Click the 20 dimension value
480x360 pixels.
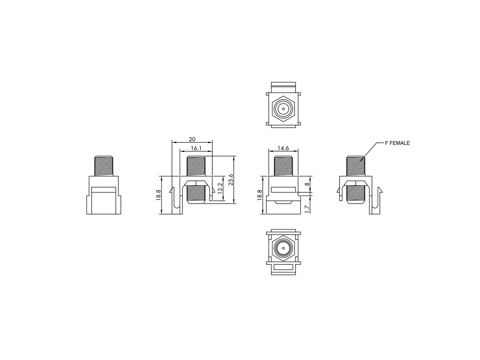[x=192, y=139]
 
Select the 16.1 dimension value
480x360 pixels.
[x=196, y=148]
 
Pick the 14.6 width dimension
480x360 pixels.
[x=283, y=148]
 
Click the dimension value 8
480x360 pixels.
[x=307, y=184]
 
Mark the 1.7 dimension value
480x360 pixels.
[x=307, y=208]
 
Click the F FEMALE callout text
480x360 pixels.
[x=397, y=143]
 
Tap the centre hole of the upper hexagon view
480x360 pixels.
[x=283, y=109]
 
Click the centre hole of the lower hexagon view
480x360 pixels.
[x=283, y=249]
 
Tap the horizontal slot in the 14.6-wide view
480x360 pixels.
[x=283, y=190]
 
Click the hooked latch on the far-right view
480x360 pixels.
[x=376, y=202]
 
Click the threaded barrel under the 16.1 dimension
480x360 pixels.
[x=196, y=165]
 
